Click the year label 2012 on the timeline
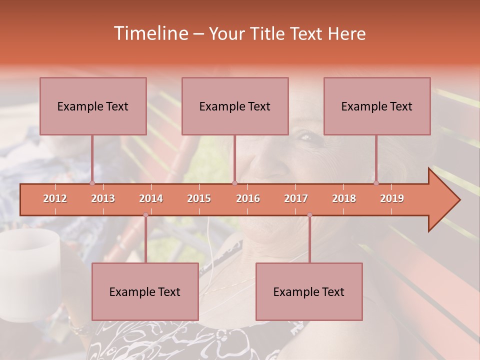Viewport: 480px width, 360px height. [x=55, y=198]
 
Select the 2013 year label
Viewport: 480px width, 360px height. [x=103, y=198]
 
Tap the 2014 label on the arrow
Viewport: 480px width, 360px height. [x=151, y=198]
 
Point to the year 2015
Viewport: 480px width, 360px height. [x=199, y=198]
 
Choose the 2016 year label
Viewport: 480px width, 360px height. [x=248, y=198]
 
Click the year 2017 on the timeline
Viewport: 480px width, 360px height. [x=296, y=198]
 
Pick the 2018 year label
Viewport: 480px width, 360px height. [x=344, y=198]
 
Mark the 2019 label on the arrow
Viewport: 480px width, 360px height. [x=392, y=198]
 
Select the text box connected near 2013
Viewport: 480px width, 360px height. [x=93, y=106]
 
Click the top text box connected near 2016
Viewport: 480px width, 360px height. [x=235, y=106]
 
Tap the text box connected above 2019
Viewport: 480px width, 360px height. [x=377, y=106]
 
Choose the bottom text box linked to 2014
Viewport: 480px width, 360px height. [x=145, y=291]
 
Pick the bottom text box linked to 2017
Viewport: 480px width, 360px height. [x=309, y=291]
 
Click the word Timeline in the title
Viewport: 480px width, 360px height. [x=150, y=33]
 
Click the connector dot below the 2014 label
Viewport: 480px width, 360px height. [x=145, y=215]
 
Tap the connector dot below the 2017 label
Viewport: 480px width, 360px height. [x=309, y=215]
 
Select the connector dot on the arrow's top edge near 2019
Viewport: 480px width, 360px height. [x=376, y=183]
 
